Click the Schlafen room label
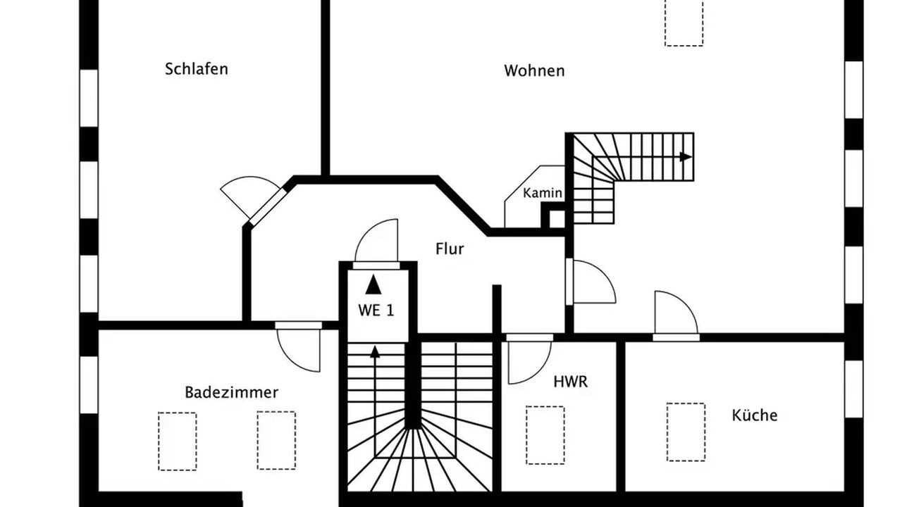(x=197, y=69)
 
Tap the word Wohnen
(x=534, y=71)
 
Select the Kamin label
(x=543, y=193)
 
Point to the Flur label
(x=450, y=249)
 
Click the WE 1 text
(x=376, y=311)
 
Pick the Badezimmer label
(x=232, y=392)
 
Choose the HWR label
(x=570, y=382)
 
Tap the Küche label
(x=754, y=415)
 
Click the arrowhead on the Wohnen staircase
(x=686, y=156)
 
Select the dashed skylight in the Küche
(x=686, y=432)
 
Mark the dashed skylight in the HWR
(x=545, y=435)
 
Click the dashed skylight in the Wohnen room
(x=684, y=23)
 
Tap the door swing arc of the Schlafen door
(x=250, y=177)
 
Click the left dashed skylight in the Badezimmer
(x=177, y=442)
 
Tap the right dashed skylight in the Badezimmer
(x=277, y=440)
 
